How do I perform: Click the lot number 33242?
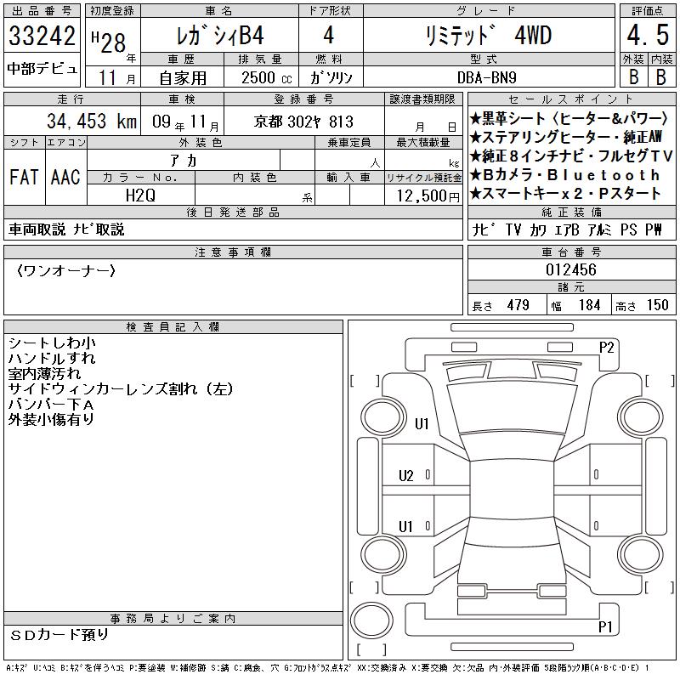click(x=42, y=36)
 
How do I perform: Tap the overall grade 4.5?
click(x=648, y=35)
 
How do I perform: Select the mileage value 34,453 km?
click(x=92, y=121)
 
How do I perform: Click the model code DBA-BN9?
click(x=486, y=77)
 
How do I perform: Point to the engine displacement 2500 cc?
click(x=267, y=78)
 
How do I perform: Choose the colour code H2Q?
click(x=140, y=195)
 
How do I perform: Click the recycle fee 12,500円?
click(x=428, y=196)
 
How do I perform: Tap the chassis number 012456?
click(x=571, y=269)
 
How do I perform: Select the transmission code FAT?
click(x=24, y=177)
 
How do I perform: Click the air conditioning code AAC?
click(x=65, y=177)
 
